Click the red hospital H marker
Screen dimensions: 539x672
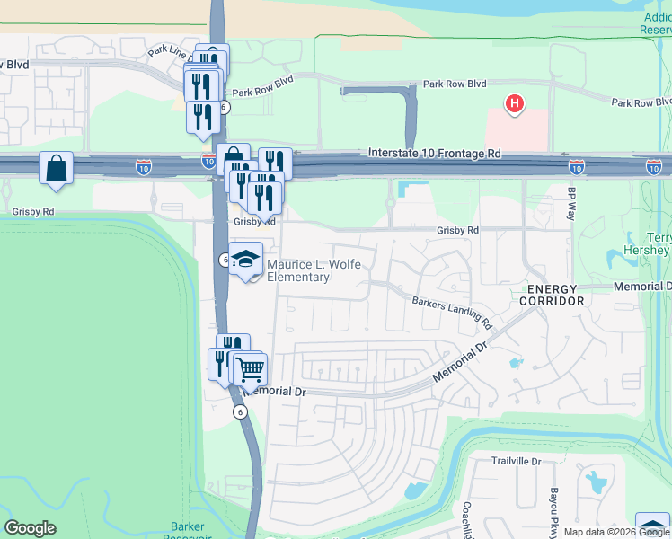pos(515,104)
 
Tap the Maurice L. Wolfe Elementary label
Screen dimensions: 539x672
pos(298,270)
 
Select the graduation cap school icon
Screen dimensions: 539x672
pos(245,260)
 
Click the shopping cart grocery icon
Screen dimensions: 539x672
pos(250,367)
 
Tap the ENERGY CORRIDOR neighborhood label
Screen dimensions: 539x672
pos(552,294)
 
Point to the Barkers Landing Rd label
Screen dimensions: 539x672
pos(453,311)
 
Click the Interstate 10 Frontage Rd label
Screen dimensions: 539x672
pos(435,155)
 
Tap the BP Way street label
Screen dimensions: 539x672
pos(570,204)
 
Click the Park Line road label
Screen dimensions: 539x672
pos(167,51)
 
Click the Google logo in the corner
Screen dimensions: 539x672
pos(30,528)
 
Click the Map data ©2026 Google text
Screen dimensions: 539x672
pos(615,532)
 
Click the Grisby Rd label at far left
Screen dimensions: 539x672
pos(33,213)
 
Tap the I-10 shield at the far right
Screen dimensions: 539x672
pos(654,167)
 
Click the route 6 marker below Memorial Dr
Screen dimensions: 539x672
pos(240,411)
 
